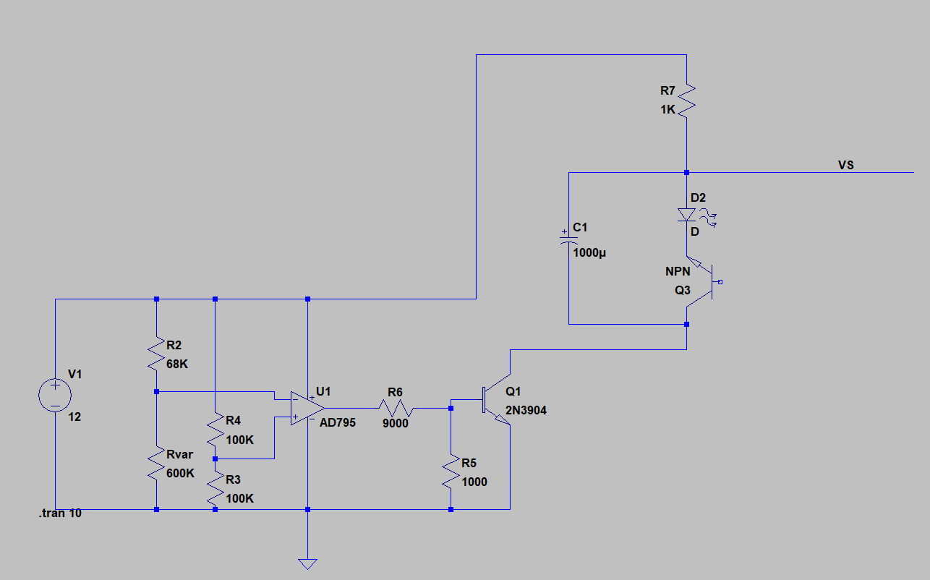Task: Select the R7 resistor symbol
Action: tap(686, 99)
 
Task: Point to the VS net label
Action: tap(846, 166)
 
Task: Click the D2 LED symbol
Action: tap(686, 215)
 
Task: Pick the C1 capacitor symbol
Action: tap(568, 239)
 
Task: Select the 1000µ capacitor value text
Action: tap(590, 253)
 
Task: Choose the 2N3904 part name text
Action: tap(526, 411)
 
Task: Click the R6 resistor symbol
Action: tap(395, 408)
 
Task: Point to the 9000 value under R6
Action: tap(395, 424)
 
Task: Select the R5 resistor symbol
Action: tap(451, 472)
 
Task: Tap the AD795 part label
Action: tap(338, 423)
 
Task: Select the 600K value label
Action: tap(180, 474)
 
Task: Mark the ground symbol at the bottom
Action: tap(307, 563)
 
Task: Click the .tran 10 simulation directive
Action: tap(60, 513)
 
